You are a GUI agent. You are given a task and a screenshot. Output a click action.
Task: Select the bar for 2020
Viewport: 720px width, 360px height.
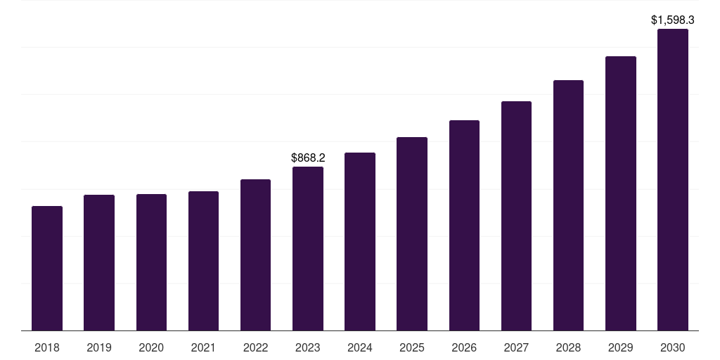tap(151, 262)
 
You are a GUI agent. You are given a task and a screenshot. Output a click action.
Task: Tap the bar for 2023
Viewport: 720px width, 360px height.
tap(308, 248)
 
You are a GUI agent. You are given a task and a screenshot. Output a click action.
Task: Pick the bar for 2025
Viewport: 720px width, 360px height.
tap(412, 233)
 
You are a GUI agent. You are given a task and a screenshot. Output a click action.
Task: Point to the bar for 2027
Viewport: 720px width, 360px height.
tap(516, 216)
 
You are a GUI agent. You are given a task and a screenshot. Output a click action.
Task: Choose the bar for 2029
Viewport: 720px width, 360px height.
tap(621, 193)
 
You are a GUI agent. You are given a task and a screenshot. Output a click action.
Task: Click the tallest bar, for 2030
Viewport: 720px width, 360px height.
tap(673, 179)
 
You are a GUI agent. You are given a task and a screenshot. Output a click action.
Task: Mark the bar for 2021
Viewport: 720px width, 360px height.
tap(203, 261)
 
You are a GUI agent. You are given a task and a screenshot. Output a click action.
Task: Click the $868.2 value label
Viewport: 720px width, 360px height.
tap(308, 158)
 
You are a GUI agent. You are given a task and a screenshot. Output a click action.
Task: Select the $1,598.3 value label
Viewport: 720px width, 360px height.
tap(673, 20)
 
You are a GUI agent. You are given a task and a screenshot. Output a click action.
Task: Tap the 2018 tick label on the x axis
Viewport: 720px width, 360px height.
tap(47, 347)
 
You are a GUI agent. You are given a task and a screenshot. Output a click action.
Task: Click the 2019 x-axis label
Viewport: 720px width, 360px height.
tap(99, 347)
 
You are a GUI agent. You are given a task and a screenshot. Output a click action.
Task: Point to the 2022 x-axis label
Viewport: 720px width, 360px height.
tap(255, 347)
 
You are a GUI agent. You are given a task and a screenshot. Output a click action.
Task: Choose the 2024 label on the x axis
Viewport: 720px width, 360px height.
tap(360, 347)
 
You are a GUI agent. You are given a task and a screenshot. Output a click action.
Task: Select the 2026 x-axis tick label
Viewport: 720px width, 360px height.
tap(464, 347)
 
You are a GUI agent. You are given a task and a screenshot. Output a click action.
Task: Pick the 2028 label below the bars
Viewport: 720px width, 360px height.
tap(568, 347)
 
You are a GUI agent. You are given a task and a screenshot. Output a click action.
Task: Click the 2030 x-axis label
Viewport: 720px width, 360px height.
tap(673, 347)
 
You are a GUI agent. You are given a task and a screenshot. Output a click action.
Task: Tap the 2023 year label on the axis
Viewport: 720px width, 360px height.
tap(308, 347)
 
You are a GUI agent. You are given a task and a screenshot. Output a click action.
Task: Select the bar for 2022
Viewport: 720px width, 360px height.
tap(255, 255)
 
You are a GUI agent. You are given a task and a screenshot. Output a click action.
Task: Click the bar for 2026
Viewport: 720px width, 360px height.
tap(464, 225)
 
